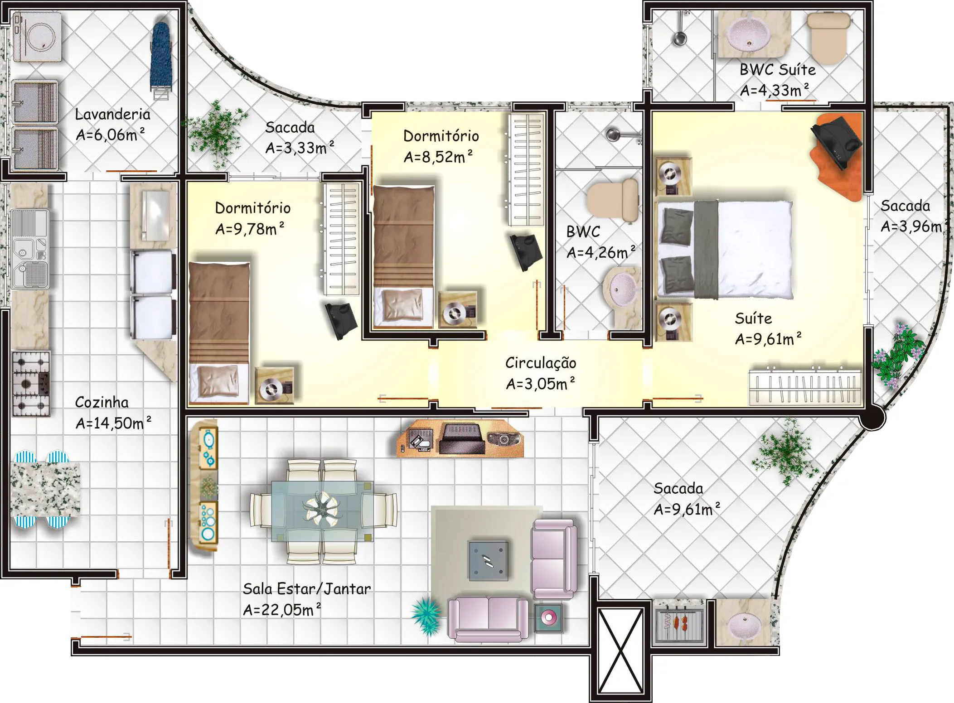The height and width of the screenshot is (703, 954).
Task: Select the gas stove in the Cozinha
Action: (31, 383)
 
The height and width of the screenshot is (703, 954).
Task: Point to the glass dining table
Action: (322, 511)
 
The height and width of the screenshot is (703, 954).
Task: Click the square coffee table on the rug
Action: (488, 561)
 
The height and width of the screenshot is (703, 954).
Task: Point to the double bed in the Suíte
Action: (724, 250)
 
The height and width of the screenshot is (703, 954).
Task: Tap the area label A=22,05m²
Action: (282, 610)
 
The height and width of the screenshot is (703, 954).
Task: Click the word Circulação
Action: (541, 363)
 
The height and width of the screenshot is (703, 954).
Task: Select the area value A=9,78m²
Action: (250, 229)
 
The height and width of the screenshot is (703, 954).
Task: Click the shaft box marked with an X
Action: (620, 651)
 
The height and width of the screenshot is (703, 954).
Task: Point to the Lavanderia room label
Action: (112, 114)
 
